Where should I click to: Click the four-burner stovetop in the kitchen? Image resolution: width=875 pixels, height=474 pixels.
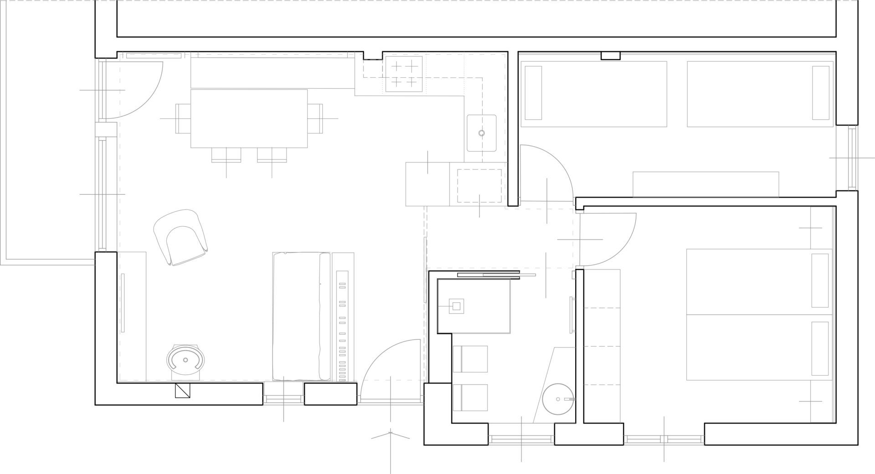[404, 74]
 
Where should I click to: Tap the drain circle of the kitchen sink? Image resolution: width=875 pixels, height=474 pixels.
[481, 133]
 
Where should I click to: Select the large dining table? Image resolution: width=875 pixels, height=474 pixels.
[249, 118]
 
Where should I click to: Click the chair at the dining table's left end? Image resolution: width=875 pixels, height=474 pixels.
[183, 118]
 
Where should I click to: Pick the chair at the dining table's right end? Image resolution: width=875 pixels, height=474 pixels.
[315, 118]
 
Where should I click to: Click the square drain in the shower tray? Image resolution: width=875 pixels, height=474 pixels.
[456, 306]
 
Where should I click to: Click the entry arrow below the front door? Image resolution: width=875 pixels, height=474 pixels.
[390, 436]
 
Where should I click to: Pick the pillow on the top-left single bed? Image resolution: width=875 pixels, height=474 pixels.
[534, 93]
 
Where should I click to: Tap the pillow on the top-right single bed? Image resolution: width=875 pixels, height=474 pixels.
[821, 93]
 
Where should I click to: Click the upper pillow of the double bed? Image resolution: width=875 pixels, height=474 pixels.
[820, 280]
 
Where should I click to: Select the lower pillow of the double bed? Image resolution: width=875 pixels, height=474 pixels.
[820, 349]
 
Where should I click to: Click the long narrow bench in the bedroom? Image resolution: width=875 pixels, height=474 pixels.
[706, 184]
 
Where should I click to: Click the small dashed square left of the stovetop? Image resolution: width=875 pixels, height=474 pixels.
[373, 68]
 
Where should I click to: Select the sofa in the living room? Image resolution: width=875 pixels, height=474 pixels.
[302, 316]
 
